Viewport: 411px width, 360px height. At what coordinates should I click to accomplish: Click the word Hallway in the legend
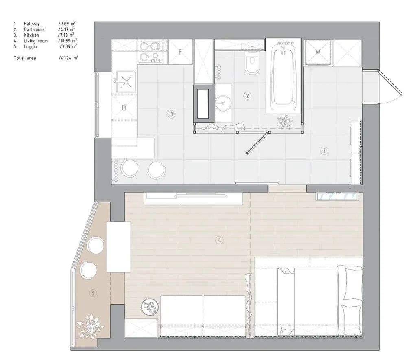(x=32, y=24)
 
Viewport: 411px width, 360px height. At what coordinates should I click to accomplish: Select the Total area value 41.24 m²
(x=68, y=58)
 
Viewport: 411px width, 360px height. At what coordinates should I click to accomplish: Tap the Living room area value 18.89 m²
(x=68, y=41)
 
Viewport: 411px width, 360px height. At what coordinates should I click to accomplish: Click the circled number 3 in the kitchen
(x=171, y=114)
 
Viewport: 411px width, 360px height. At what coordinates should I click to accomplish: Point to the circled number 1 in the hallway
(x=324, y=151)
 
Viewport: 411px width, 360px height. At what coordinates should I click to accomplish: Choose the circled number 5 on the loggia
(x=93, y=293)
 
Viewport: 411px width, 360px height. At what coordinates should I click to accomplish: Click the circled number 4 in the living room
(x=219, y=240)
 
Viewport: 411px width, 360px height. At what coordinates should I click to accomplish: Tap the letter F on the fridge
(x=180, y=52)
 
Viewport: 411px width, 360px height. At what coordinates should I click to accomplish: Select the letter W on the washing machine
(x=318, y=52)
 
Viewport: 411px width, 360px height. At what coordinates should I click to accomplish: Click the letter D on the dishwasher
(x=124, y=108)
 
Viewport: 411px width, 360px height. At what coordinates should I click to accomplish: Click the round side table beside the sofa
(x=150, y=307)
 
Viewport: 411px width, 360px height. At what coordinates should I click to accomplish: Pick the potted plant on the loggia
(x=90, y=325)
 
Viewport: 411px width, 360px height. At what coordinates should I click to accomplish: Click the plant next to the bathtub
(x=285, y=122)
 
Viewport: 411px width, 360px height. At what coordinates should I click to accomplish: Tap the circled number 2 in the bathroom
(x=247, y=96)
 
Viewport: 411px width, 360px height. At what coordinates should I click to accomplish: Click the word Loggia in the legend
(x=31, y=47)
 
